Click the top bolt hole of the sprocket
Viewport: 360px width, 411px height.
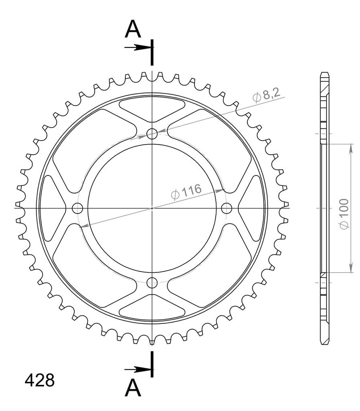(x=152, y=134)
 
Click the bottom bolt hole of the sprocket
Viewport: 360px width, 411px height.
(x=152, y=283)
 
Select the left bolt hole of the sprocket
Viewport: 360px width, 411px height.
(x=78, y=208)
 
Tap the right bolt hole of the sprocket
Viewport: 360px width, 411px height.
(x=227, y=208)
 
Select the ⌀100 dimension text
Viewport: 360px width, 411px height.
(x=344, y=214)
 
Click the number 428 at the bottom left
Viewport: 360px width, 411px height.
(x=40, y=380)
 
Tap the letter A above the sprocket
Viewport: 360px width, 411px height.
(x=133, y=29)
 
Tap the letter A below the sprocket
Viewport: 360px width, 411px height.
(x=133, y=388)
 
